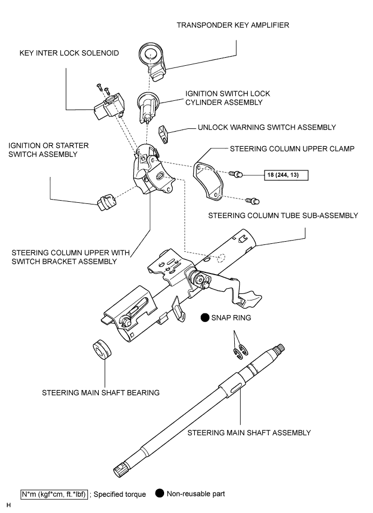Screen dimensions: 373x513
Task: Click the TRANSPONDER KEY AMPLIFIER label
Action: tap(233, 25)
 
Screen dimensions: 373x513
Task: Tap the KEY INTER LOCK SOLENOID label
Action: tap(69, 53)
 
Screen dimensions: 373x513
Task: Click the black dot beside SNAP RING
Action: tap(205, 317)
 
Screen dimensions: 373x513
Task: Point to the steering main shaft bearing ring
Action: tap(102, 350)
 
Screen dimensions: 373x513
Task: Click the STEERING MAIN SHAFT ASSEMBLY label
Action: tap(249, 433)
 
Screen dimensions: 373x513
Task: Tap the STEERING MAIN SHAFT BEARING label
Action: tap(101, 393)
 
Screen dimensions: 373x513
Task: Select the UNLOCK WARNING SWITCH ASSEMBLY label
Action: tap(267, 127)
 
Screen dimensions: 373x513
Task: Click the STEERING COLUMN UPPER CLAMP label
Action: tap(292, 149)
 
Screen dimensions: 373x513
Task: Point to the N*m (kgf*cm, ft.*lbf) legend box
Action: tap(55, 494)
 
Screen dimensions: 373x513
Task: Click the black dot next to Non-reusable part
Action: tap(159, 494)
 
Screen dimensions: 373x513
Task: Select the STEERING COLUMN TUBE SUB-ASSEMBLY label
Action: tap(283, 216)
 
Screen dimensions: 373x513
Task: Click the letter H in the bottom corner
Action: tap(9, 505)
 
